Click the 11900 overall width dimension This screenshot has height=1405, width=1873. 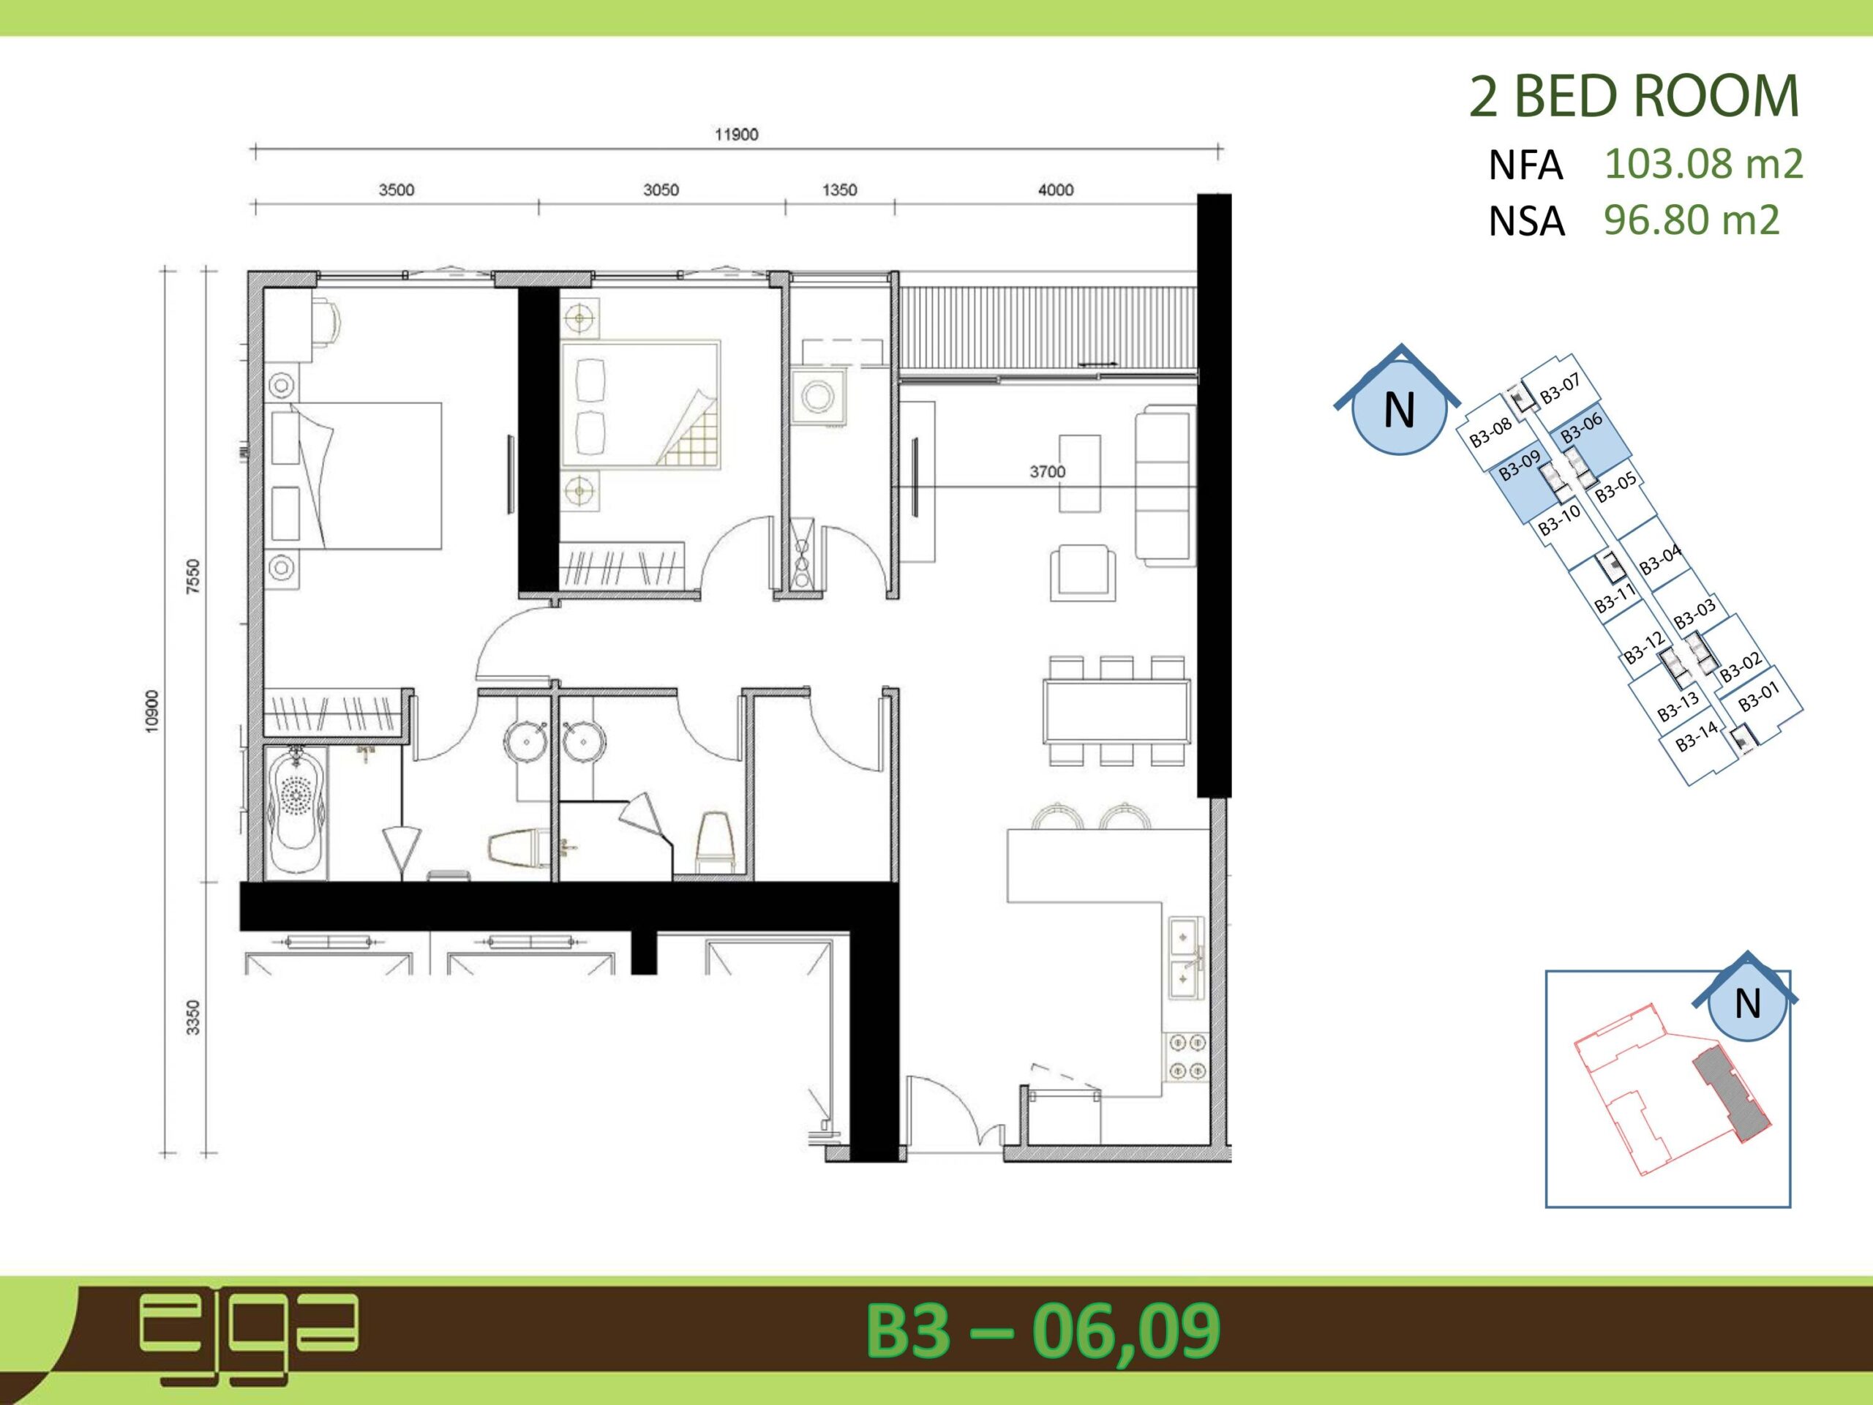(x=736, y=135)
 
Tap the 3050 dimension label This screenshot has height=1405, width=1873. (x=661, y=190)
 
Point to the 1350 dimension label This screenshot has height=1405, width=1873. (x=839, y=190)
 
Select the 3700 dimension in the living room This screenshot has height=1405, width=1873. (x=1048, y=472)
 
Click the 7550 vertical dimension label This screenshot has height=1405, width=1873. (x=193, y=577)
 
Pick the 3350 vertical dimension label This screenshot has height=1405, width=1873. (x=193, y=1017)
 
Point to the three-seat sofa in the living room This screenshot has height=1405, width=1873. (x=1165, y=484)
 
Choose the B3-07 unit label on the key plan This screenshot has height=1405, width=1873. (x=1560, y=389)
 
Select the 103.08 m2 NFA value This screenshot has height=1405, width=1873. (x=1704, y=163)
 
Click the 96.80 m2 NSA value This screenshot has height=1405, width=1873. (x=1691, y=220)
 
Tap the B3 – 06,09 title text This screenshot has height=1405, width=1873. (x=1043, y=1331)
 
